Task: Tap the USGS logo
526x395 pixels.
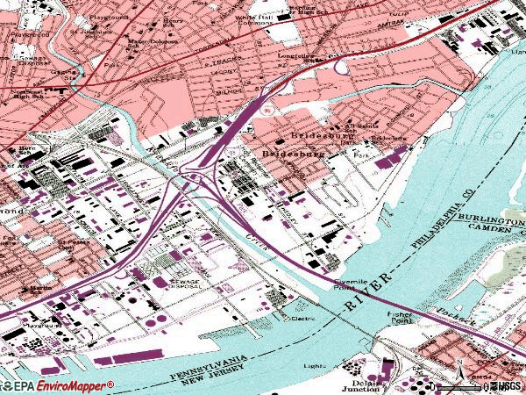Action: (x=506, y=385)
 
